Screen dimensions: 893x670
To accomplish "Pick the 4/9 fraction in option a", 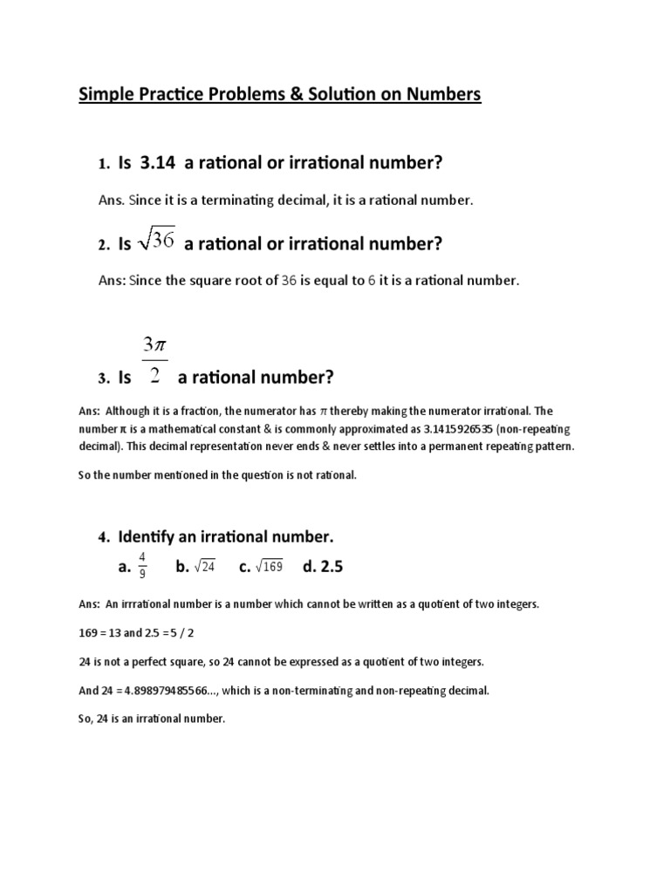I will (142, 567).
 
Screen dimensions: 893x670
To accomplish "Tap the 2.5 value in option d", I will (332, 567).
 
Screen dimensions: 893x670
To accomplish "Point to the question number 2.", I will (103, 246).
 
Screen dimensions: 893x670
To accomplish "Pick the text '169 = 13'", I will (99, 632).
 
